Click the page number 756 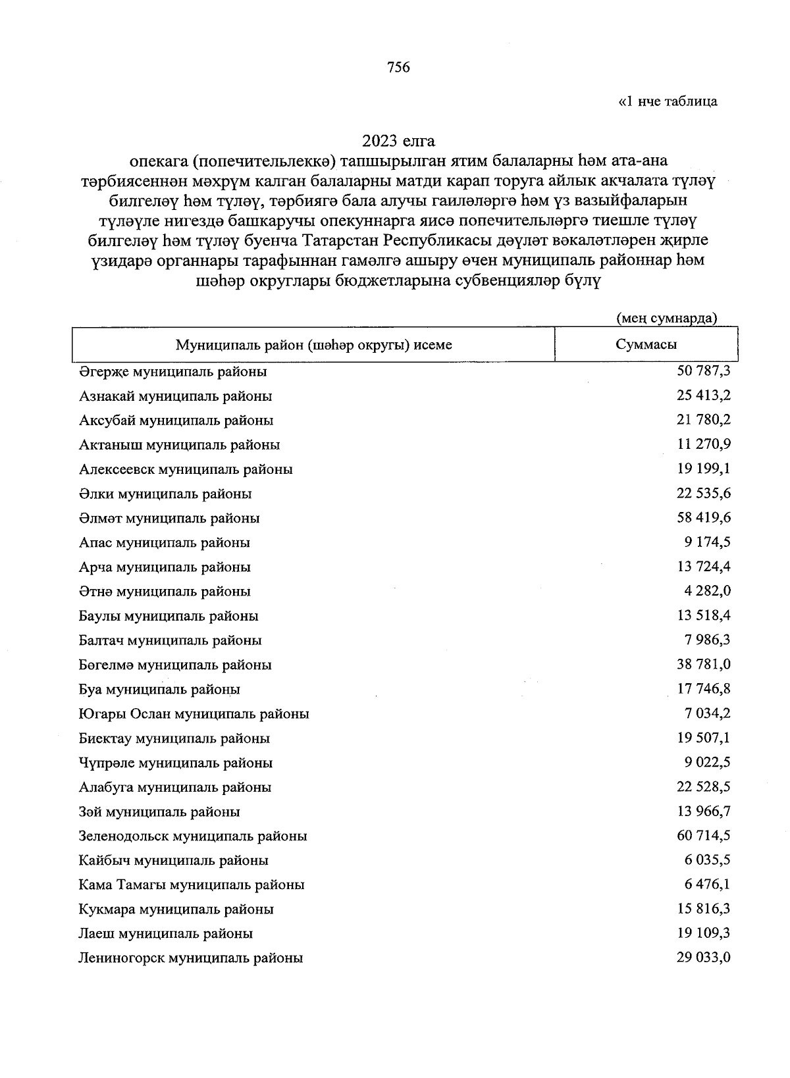click(398, 67)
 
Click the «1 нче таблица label click(668, 101)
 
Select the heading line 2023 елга click(398, 141)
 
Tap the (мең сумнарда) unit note click(666, 319)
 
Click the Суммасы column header click(646, 344)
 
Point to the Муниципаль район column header click(313, 344)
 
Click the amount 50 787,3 click(703, 371)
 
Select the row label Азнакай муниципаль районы click(175, 396)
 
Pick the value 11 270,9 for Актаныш click(703, 444)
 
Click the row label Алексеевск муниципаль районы click(186, 469)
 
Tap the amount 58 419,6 click(703, 518)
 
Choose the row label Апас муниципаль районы click(165, 543)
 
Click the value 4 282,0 click(707, 591)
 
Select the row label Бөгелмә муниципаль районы click(175, 665)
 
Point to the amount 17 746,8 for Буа click(703, 689)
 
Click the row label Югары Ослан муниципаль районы click(194, 713)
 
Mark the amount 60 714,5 click(703, 836)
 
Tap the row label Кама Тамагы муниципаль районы click(192, 885)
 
